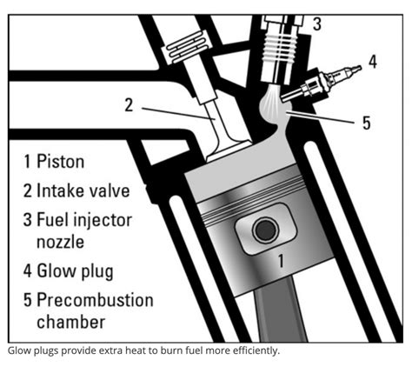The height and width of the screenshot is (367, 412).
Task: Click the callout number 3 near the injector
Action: [316, 24]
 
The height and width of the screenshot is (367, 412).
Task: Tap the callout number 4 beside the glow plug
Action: [373, 62]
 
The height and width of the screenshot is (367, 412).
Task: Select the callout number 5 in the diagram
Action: [366, 123]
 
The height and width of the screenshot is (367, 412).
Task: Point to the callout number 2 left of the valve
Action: [128, 105]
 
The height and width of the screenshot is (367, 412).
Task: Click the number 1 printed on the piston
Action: [280, 258]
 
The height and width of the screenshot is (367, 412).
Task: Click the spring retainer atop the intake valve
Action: [184, 49]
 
